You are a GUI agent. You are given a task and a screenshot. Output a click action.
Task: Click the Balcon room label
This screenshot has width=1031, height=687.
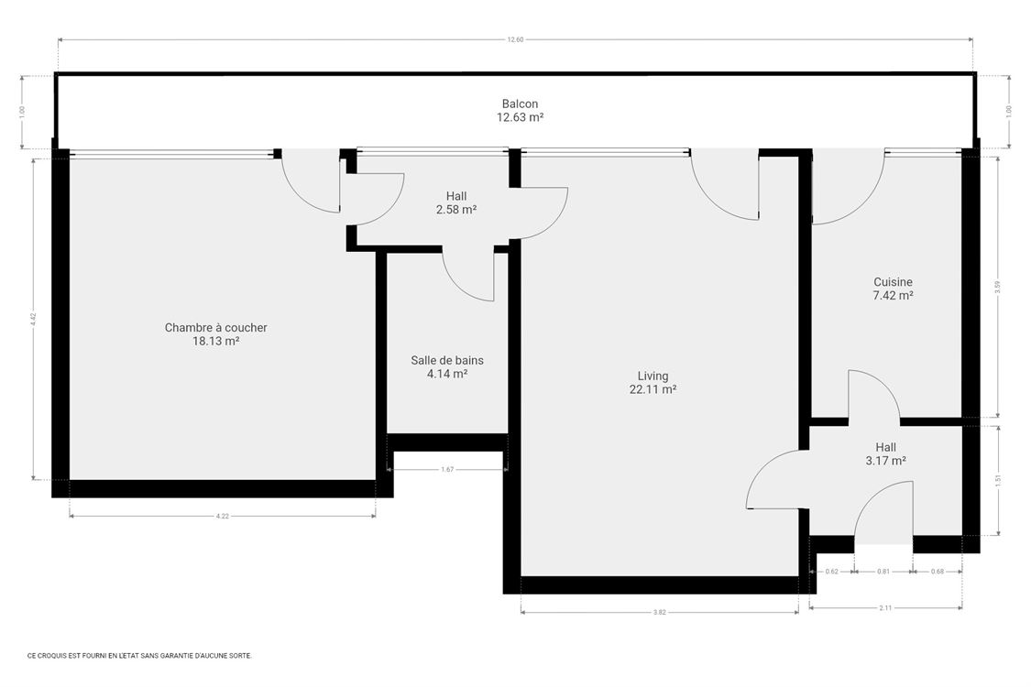(520, 104)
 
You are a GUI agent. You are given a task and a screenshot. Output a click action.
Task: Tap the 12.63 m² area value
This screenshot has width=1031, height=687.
(520, 117)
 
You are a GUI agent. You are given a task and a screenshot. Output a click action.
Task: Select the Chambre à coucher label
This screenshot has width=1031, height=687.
(215, 327)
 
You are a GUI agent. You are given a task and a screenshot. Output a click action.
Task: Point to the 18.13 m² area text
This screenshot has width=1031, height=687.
(215, 341)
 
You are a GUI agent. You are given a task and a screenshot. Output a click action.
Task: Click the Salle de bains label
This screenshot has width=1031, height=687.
(446, 360)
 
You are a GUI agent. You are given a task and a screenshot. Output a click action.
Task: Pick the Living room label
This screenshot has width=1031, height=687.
(653, 376)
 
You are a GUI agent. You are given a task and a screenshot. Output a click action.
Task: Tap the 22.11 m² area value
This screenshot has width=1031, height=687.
(653, 389)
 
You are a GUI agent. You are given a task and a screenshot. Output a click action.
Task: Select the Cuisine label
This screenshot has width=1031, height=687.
(892, 282)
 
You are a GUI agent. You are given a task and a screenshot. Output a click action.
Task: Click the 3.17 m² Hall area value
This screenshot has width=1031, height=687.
(885, 461)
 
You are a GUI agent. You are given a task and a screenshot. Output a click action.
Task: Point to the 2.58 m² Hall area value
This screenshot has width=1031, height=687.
(455, 210)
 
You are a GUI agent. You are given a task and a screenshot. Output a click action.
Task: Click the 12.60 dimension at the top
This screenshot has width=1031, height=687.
(516, 40)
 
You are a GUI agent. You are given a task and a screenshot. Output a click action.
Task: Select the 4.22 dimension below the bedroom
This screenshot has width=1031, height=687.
(222, 517)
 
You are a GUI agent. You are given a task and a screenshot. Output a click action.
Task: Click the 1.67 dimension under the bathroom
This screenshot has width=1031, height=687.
(447, 470)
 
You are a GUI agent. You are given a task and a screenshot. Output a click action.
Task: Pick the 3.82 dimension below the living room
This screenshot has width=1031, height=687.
(659, 612)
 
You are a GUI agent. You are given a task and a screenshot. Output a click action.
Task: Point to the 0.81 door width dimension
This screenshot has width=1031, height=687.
(883, 572)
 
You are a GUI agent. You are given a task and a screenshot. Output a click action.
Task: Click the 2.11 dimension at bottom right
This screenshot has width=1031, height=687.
(885, 607)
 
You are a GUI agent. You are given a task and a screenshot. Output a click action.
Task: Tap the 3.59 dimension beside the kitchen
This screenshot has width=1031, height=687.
(997, 286)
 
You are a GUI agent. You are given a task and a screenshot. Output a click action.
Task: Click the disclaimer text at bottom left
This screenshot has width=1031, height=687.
(139, 656)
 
